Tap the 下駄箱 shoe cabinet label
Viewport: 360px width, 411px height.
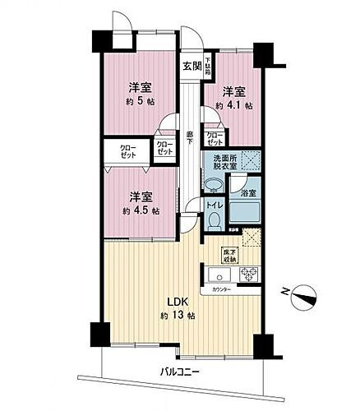(x=208, y=63)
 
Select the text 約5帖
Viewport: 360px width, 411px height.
(x=137, y=102)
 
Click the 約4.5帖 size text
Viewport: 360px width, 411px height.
(x=137, y=210)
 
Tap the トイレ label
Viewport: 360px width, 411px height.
(x=211, y=205)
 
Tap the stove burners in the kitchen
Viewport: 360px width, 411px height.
(x=248, y=274)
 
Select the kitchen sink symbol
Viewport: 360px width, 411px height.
(x=219, y=274)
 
